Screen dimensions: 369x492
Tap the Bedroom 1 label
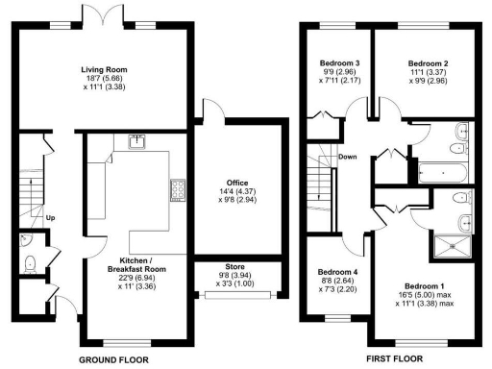click(423, 286)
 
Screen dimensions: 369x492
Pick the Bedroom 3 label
click(339, 63)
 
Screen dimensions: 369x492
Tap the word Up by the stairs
click(50, 217)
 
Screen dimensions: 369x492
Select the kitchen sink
click(135, 143)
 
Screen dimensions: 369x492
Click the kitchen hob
click(177, 191)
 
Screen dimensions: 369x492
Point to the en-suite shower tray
click(450, 246)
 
